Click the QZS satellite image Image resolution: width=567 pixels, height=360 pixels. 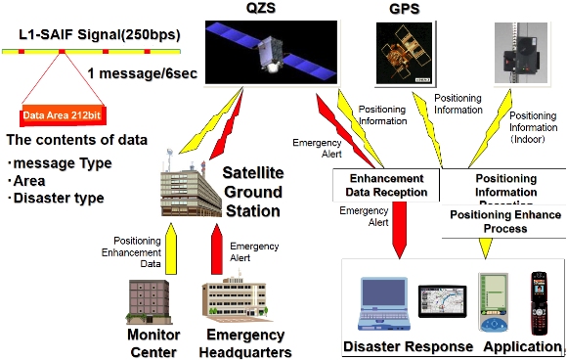tap(261, 53)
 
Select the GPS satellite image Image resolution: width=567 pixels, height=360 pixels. tap(403, 52)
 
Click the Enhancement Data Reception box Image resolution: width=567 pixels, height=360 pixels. tap(386, 185)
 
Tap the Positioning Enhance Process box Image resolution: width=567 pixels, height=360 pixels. tap(502, 221)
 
